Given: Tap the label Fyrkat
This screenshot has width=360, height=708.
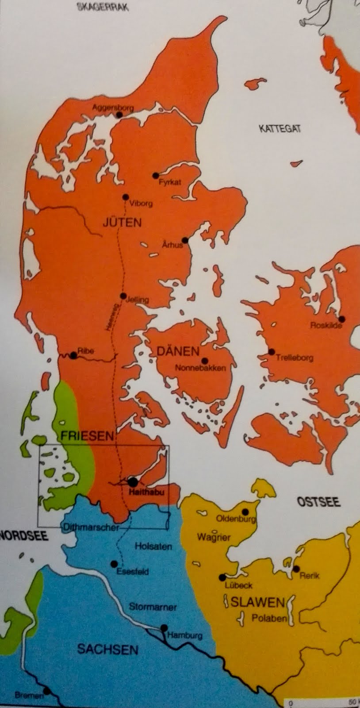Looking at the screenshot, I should [170, 182].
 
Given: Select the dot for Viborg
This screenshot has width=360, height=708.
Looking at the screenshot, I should [126, 197].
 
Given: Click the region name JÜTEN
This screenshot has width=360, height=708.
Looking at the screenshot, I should [122, 222].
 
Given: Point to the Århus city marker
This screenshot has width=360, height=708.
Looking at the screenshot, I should [185, 240].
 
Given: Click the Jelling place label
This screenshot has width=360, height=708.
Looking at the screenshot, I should [138, 300].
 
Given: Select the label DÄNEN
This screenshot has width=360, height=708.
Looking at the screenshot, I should [178, 351].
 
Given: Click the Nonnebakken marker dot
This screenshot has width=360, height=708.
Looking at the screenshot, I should [204, 360].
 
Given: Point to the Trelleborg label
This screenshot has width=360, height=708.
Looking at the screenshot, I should [295, 358].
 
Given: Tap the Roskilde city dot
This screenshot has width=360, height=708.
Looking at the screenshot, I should [342, 319].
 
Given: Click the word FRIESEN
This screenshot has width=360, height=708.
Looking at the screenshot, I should [87, 436].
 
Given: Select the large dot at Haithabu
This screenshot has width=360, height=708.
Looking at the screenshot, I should [132, 482].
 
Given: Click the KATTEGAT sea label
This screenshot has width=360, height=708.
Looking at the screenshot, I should [280, 129].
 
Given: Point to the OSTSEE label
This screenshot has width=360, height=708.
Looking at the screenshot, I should [318, 502].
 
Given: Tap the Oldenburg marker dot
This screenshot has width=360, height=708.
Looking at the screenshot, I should [246, 512].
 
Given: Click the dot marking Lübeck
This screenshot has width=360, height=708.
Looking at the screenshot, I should [222, 577].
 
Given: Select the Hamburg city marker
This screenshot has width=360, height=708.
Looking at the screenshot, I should [164, 628].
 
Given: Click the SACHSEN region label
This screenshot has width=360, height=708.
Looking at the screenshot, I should [107, 650].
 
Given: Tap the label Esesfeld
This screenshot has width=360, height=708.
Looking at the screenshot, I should [132, 572].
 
